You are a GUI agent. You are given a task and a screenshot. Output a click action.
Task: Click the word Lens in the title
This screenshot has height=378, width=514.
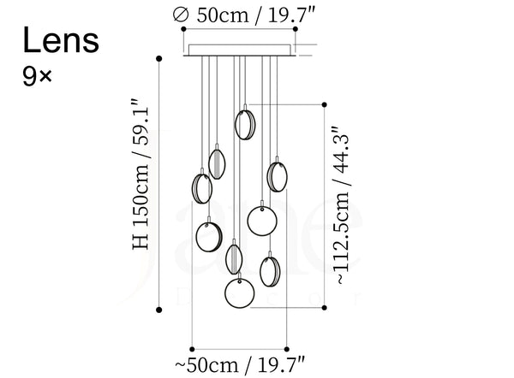[61, 40]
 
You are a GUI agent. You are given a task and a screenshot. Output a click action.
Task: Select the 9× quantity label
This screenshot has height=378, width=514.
[37, 76]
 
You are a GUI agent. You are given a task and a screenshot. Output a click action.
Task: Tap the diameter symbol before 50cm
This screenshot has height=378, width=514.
[181, 15]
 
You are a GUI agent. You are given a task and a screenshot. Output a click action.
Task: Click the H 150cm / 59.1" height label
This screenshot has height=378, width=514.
[141, 174]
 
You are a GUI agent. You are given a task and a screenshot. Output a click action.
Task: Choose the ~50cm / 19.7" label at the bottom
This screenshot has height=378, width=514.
[240, 365]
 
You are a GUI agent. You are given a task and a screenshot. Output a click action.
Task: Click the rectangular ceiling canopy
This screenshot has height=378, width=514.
[240, 50]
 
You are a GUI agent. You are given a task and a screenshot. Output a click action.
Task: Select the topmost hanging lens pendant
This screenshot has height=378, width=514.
[245, 124]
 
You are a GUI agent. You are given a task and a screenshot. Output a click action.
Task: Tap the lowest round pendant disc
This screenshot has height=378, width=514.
[240, 293]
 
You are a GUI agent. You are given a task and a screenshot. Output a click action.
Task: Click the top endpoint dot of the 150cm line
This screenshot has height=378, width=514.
[159, 59]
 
